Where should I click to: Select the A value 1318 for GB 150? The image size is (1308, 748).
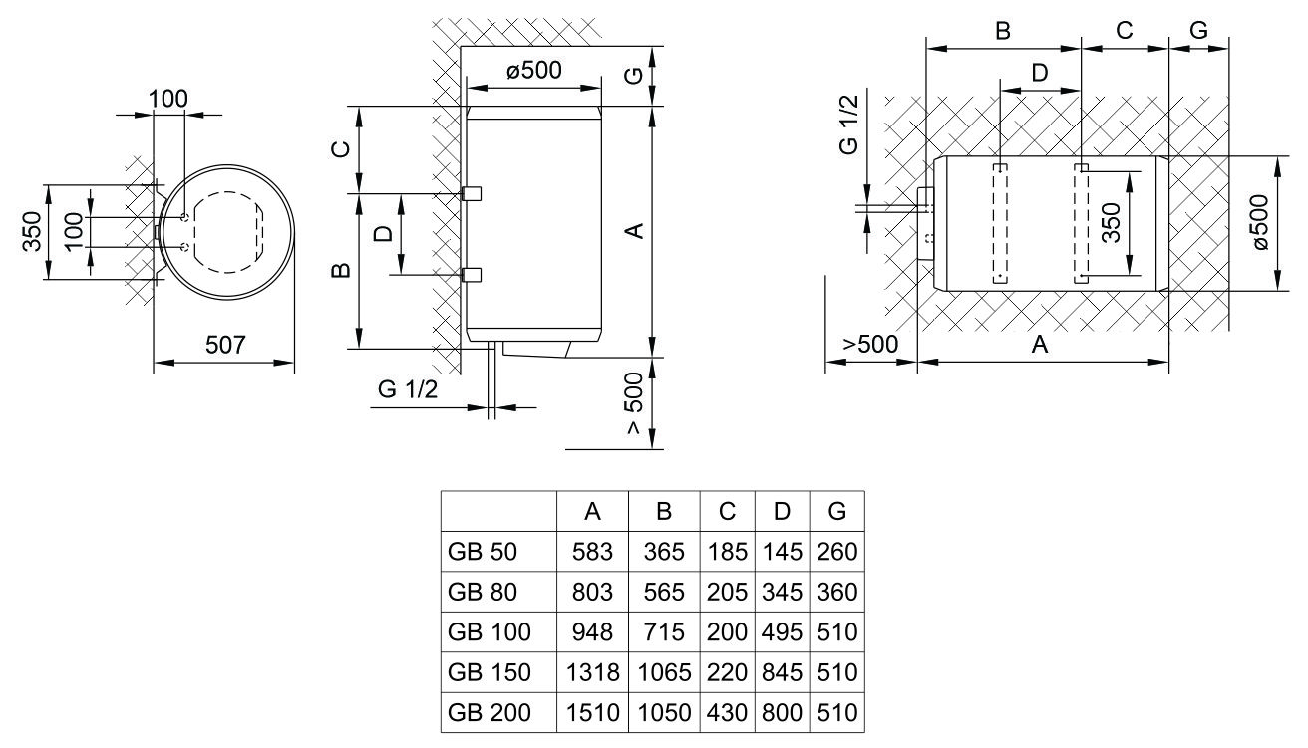(x=592, y=672)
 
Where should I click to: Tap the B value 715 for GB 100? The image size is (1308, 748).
(x=664, y=632)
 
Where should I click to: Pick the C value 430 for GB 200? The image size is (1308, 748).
(x=727, y=713)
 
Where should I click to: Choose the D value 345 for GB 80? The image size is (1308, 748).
(x=782, y=592)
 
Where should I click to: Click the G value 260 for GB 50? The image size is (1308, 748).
(x=836, y=551)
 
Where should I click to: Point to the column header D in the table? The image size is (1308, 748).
(x=782, y=512)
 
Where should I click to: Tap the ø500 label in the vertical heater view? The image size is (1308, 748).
(x=533, y=70)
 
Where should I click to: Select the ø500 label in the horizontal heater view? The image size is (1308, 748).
(x=1258, y=222)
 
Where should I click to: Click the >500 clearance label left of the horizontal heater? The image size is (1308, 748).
(x=870, y=344)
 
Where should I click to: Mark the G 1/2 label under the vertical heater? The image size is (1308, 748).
(x=408, y=389)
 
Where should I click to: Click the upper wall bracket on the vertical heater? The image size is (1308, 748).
(x=471, y=192)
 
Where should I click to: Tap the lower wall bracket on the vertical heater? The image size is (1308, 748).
(x=471, y=274)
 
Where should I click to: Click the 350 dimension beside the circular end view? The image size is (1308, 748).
(x=35, y=233)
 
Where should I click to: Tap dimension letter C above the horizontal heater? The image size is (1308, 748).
(x=1125, y=30)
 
